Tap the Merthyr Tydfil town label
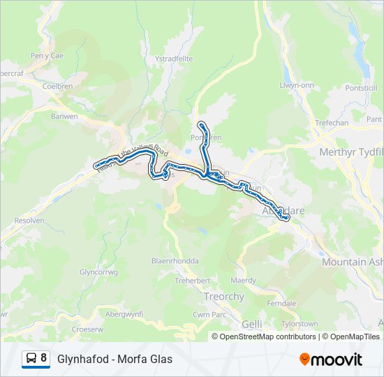[350, 152]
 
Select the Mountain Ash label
[353, 262]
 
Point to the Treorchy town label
[224, 297]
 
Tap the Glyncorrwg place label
[97, 272]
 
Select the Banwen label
[64, 117]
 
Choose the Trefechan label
[332, 123]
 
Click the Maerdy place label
[243, 281]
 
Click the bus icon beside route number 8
[31, 359]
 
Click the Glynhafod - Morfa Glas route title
[115, 360]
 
